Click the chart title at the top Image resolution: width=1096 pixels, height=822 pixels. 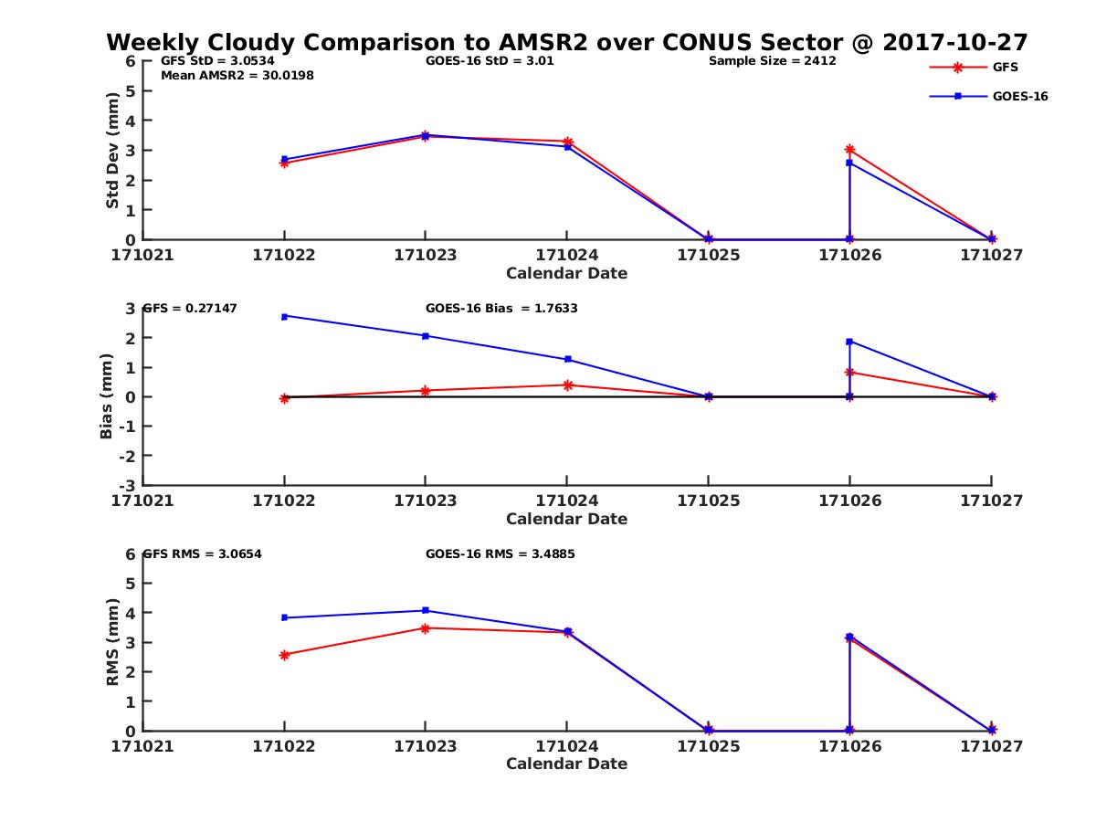[566, 42]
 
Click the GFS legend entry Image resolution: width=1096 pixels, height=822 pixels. [1005, 67]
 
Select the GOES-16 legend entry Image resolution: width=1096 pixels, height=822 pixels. [1019, 96]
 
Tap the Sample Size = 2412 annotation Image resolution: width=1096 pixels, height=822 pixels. [772, 61]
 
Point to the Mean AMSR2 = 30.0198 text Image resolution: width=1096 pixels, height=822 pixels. [237, 75]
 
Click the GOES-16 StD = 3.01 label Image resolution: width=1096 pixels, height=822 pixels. [490, 61]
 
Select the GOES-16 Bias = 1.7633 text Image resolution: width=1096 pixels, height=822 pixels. [501, 308]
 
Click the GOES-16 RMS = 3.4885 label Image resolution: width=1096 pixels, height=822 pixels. [500, 553]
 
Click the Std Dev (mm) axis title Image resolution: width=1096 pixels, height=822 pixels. [112, 151]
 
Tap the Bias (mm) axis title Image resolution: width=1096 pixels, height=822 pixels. [107, 397]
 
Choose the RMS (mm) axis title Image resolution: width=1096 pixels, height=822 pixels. [112, 642]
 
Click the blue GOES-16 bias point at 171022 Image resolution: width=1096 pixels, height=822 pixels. [284, 316]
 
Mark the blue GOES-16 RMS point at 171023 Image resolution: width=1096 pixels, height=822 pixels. [425, 610]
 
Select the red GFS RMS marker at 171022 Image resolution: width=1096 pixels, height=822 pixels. [284, 655]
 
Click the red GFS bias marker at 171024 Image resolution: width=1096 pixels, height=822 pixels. [567, 385]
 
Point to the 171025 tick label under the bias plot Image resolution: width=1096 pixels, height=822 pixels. [708, 501]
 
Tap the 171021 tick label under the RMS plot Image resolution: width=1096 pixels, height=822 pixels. [142, 746]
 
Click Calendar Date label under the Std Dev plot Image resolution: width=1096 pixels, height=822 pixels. [566, 273]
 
